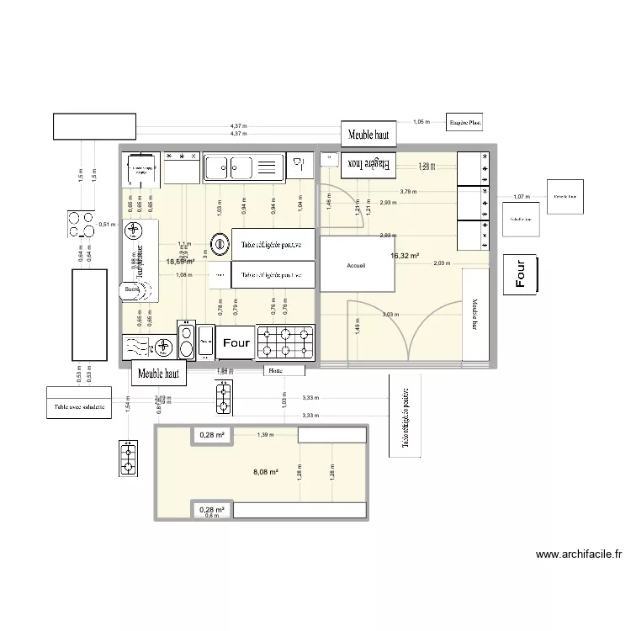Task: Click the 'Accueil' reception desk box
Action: pos(356,265)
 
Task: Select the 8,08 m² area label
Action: pos(265,473)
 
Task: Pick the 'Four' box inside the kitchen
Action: pos(236,342)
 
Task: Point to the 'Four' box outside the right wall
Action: pos(522,274)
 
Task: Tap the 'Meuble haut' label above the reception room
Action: pos(369,134)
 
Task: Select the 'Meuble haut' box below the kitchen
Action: pos(159,374)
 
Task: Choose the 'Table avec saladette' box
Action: pos(79,403)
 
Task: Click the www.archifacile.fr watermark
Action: pos(579,554)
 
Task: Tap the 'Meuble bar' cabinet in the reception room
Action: pos(475,313)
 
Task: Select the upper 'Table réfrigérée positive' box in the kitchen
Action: pos(273,244)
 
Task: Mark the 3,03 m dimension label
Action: pos(390,315)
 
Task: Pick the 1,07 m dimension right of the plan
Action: pos(522,197)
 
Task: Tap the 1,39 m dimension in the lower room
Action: pos(265,434)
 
